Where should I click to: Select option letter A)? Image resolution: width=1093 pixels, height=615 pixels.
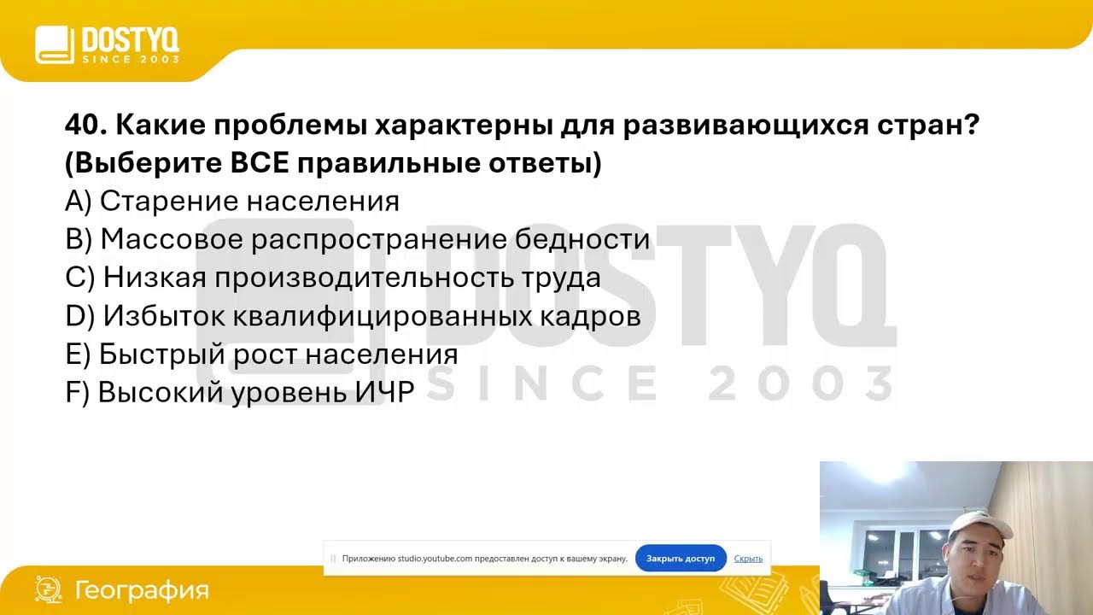[x=78, y=201]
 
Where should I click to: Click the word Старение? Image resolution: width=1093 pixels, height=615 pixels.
[x=168, y=201]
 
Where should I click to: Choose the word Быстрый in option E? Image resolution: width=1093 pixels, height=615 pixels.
[x=150, y=354]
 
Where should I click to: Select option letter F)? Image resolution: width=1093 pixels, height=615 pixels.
[x=77, y=392]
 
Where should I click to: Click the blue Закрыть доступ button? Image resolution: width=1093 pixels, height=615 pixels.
[x=681, y=558]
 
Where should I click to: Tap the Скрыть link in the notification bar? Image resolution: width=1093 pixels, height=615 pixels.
[x=748, y=558]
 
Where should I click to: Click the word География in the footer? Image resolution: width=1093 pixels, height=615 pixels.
[x=142, y=590]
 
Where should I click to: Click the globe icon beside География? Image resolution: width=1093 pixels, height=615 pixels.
[x=48, y=589]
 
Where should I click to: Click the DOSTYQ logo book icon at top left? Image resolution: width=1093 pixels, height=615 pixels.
[x=55, y=44]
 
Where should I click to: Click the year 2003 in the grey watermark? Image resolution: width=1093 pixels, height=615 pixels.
[x=801, y=384]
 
